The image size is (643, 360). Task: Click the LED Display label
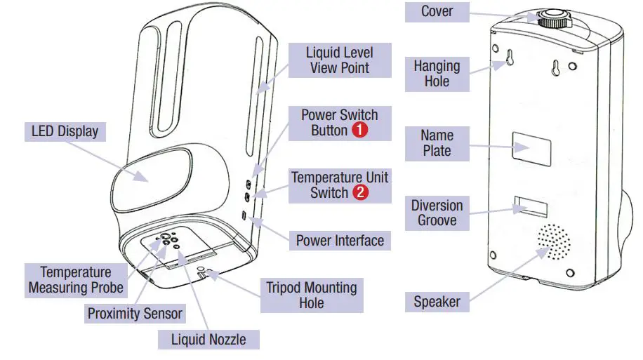65,131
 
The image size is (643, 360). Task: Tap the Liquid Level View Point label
340,60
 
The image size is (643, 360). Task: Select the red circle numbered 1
359,131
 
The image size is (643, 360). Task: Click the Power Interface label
340,241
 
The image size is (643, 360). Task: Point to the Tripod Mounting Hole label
311,295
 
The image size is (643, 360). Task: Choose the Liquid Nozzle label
208,340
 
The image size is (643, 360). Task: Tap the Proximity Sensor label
135,314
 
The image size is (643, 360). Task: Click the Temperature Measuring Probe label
76,280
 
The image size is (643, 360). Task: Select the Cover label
437,12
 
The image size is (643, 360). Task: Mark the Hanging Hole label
437,74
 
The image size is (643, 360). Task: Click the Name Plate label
437,142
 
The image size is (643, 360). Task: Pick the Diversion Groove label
437,213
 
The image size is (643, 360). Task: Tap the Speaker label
437,302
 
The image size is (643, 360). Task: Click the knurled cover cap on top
555,17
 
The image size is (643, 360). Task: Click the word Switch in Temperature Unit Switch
329,193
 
